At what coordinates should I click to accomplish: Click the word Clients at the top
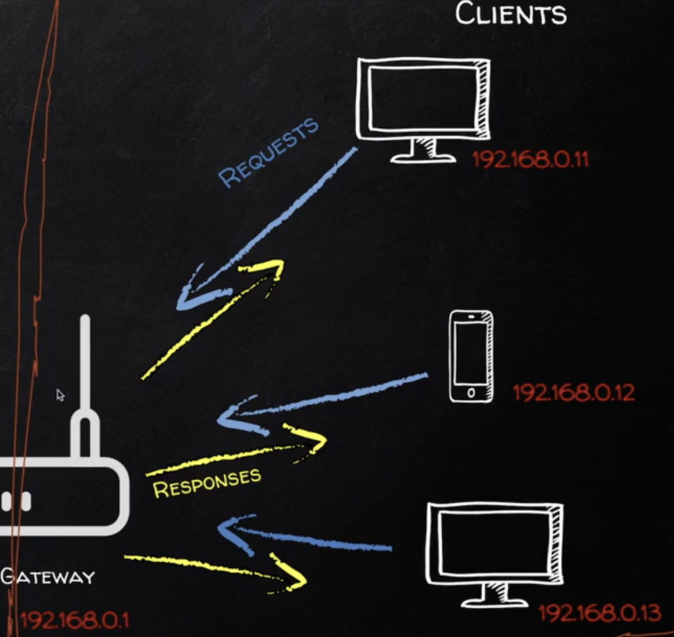(510, 14)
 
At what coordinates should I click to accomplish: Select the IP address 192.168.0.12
(574, 392)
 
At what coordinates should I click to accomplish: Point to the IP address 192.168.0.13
(599, 613)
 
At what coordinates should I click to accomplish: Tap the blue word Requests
(269, 152)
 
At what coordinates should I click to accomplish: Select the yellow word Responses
(207, 482)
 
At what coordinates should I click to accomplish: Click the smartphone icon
(471, 355)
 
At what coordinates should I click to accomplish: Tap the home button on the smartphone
(471, 393)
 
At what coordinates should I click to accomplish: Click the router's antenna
(85, 376)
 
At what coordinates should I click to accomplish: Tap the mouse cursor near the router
(60, 394)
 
